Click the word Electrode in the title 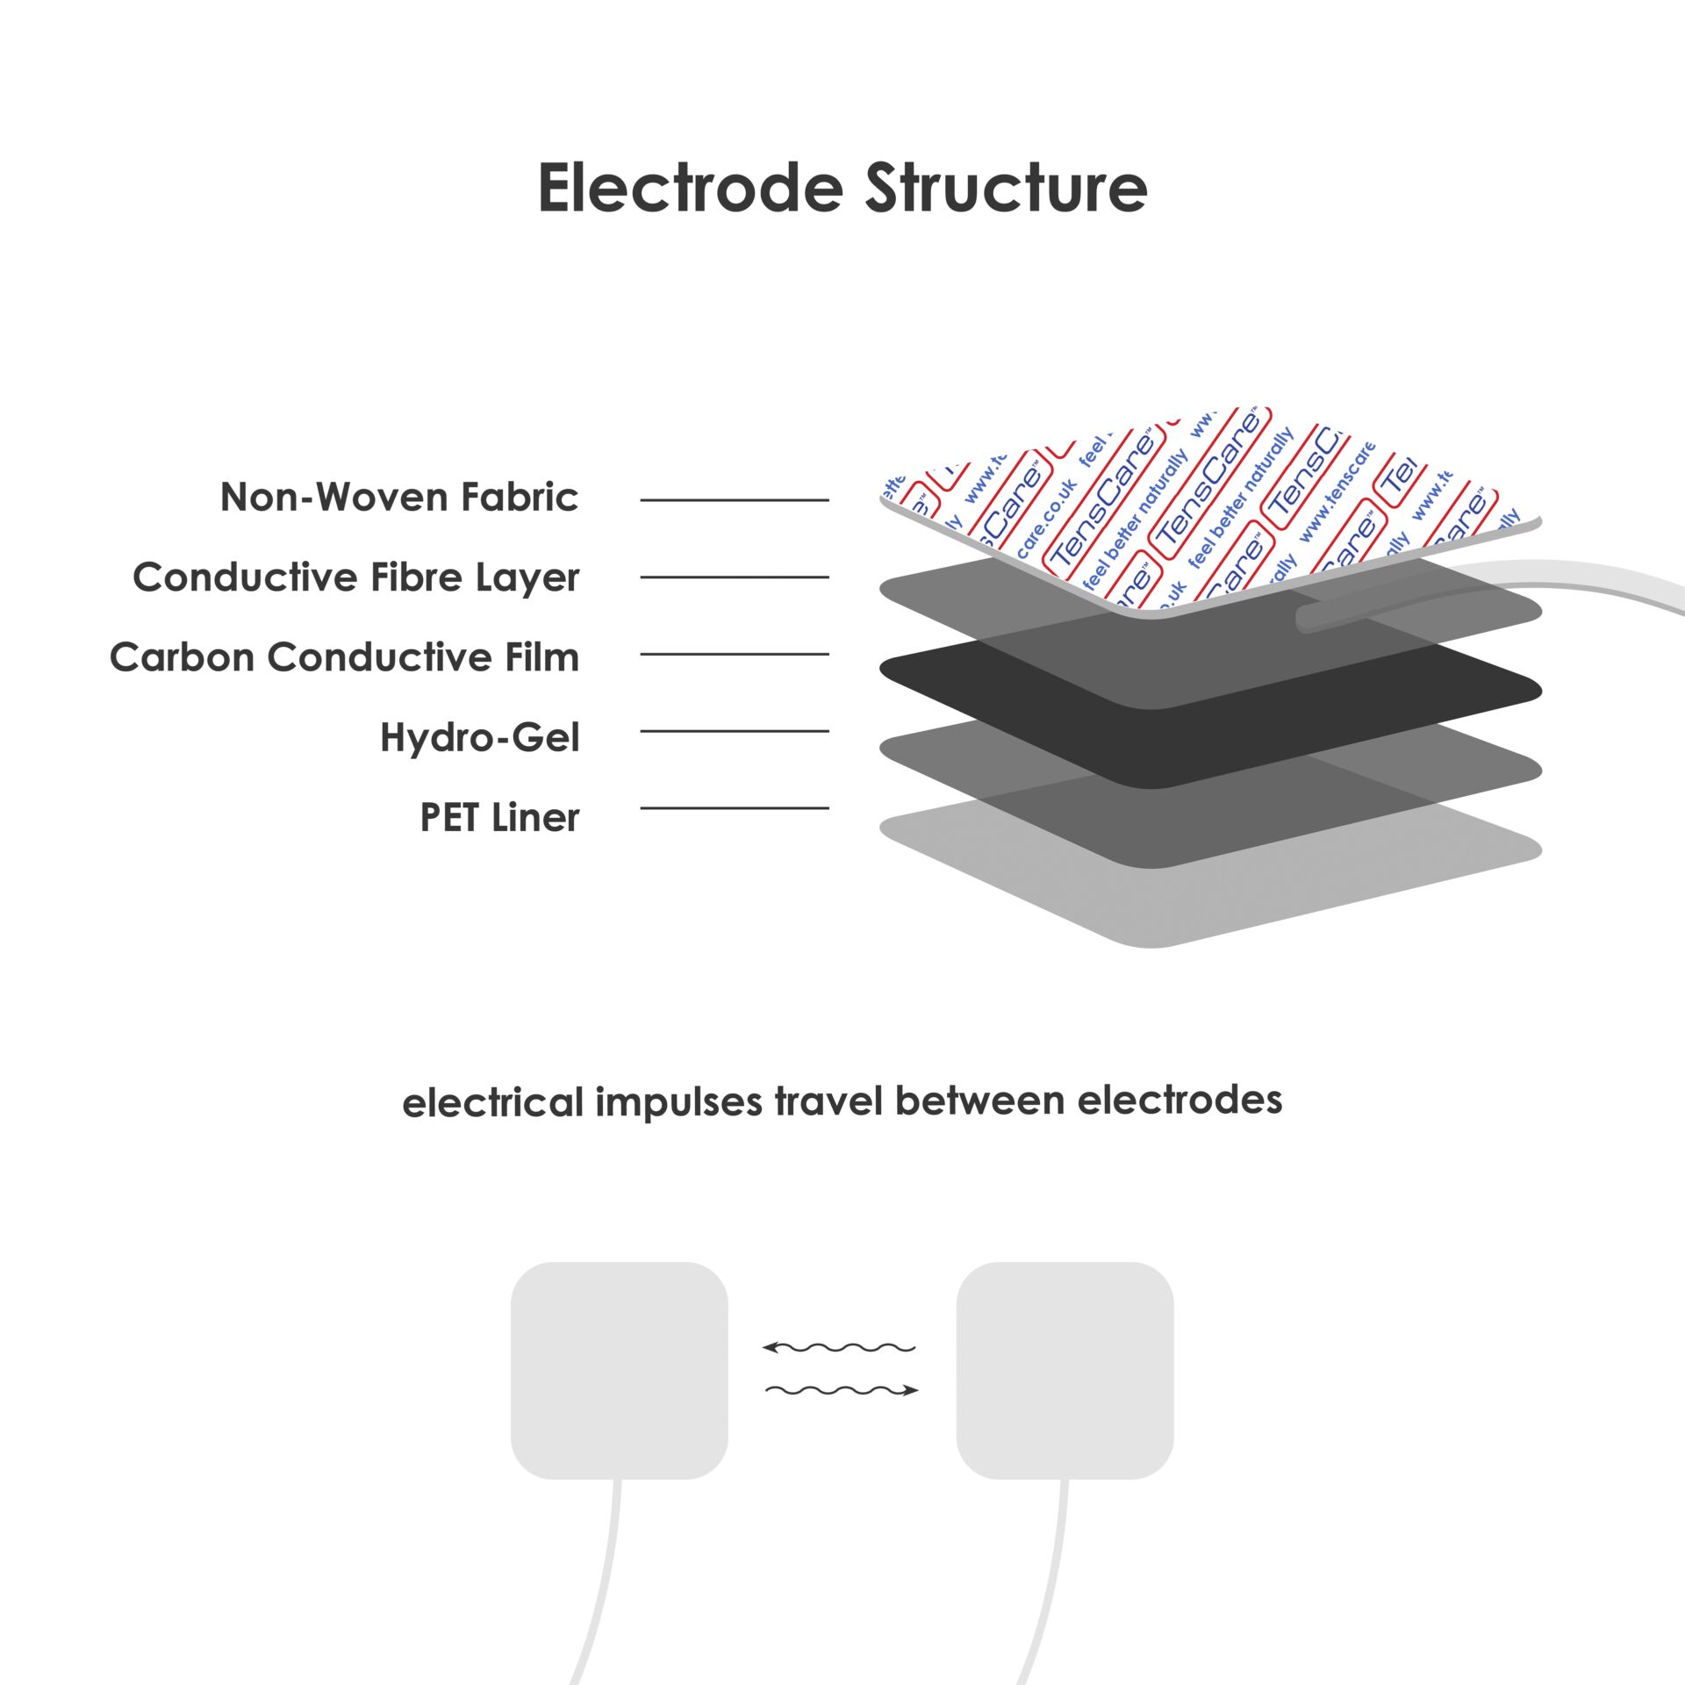point(690,189)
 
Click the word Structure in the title point(1006,189)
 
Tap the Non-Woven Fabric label point(399,498)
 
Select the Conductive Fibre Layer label point(355,577)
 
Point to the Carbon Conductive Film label point(344,657)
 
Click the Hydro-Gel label point(479,737)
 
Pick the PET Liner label point(499,818)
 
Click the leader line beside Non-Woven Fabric point(735,500)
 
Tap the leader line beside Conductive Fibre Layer point(735,577)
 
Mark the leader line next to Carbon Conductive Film point(735,654)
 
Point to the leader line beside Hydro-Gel point(735,731)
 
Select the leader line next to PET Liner point(735,808)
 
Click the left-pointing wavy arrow point(839,1347)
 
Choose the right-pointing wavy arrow point(842,1390)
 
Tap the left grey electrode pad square point(620,1370)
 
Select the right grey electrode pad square point(1065,1370)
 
